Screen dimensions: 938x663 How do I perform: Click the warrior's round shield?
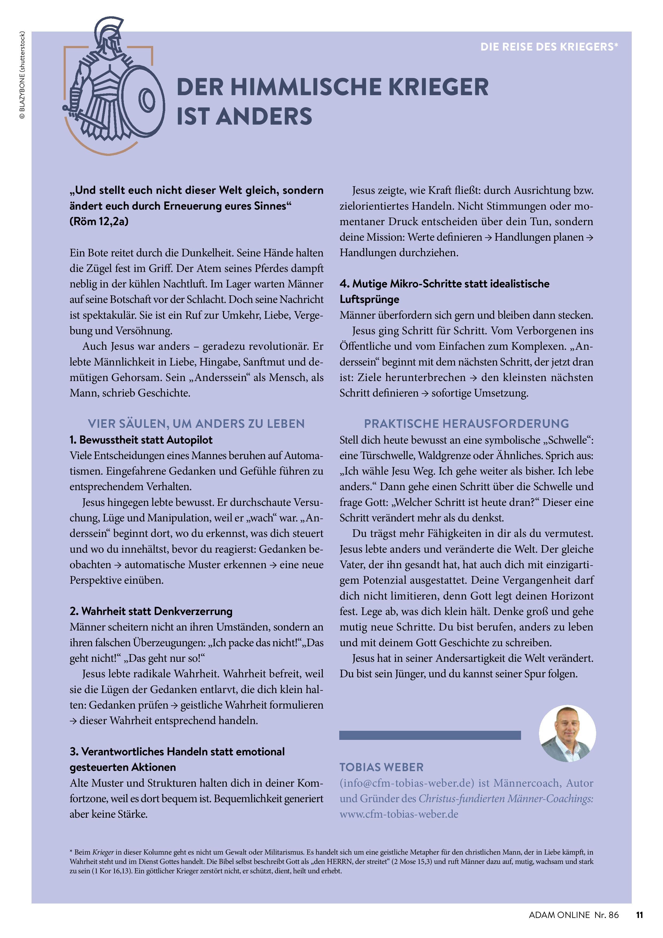click(145, 99)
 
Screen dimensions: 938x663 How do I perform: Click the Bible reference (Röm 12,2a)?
click(99, 221)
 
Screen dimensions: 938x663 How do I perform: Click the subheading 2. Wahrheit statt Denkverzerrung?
click(151, 612)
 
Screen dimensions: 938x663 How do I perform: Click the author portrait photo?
click(567, 733)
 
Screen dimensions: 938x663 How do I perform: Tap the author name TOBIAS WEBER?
click(381, 767)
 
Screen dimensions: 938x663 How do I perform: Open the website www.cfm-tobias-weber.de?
click(399, 814)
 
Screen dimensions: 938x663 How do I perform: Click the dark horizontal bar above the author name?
click(430, 735)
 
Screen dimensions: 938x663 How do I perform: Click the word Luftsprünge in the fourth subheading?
click(369, 299)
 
